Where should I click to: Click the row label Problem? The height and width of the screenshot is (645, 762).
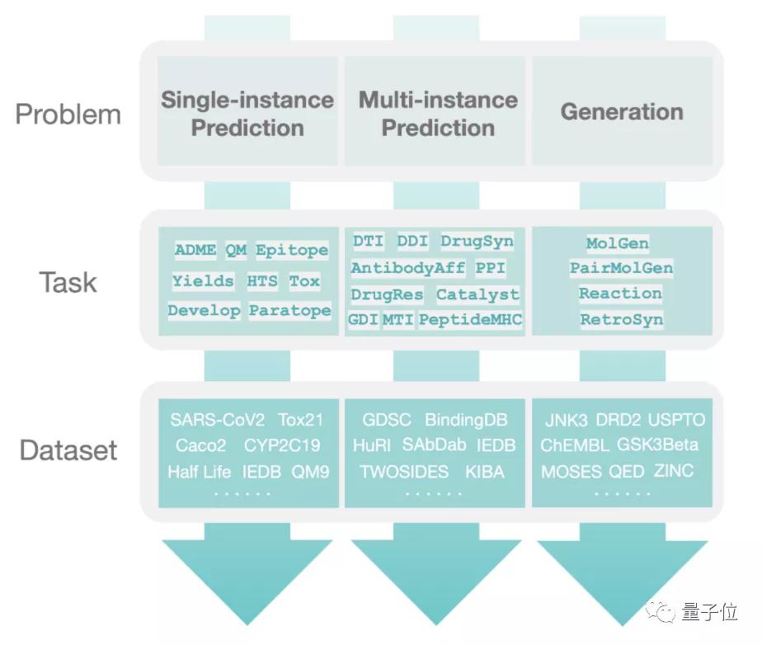tap(68, 114)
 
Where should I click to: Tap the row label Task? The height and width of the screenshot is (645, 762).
tap(68, 283)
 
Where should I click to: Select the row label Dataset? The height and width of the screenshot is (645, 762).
tap(68, 450)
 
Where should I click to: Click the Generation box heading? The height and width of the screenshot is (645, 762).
tap(622, 112)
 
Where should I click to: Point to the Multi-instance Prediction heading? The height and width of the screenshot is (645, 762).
tap(438, 114)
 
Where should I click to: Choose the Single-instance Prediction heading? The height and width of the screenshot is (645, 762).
tap(247, 114)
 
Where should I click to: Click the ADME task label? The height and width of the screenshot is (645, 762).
tap(195, 250)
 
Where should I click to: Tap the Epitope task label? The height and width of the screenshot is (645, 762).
tap(291, 250)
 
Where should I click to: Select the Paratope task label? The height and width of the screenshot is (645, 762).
tap(289, 311)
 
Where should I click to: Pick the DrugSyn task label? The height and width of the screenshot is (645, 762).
tap(477, 241)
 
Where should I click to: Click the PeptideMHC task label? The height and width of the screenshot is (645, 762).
tap(470, 319)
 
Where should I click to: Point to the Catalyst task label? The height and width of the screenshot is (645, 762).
tap(477, 294)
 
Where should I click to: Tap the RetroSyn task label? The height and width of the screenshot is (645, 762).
tap(621, 319)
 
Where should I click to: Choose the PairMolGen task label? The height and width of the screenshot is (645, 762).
tap(621, 268)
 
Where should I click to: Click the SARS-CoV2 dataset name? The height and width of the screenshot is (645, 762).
tap(218, 419)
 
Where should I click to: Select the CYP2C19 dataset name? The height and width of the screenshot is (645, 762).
tap(282, 445)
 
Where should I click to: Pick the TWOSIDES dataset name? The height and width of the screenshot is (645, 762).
tap(404, 472)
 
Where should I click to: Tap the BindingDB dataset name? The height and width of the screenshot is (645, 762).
tap(466, 420)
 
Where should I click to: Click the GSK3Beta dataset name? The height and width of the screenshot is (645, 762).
tap(657, 445)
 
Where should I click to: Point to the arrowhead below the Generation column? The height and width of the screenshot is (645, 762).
tap(622, 577)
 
